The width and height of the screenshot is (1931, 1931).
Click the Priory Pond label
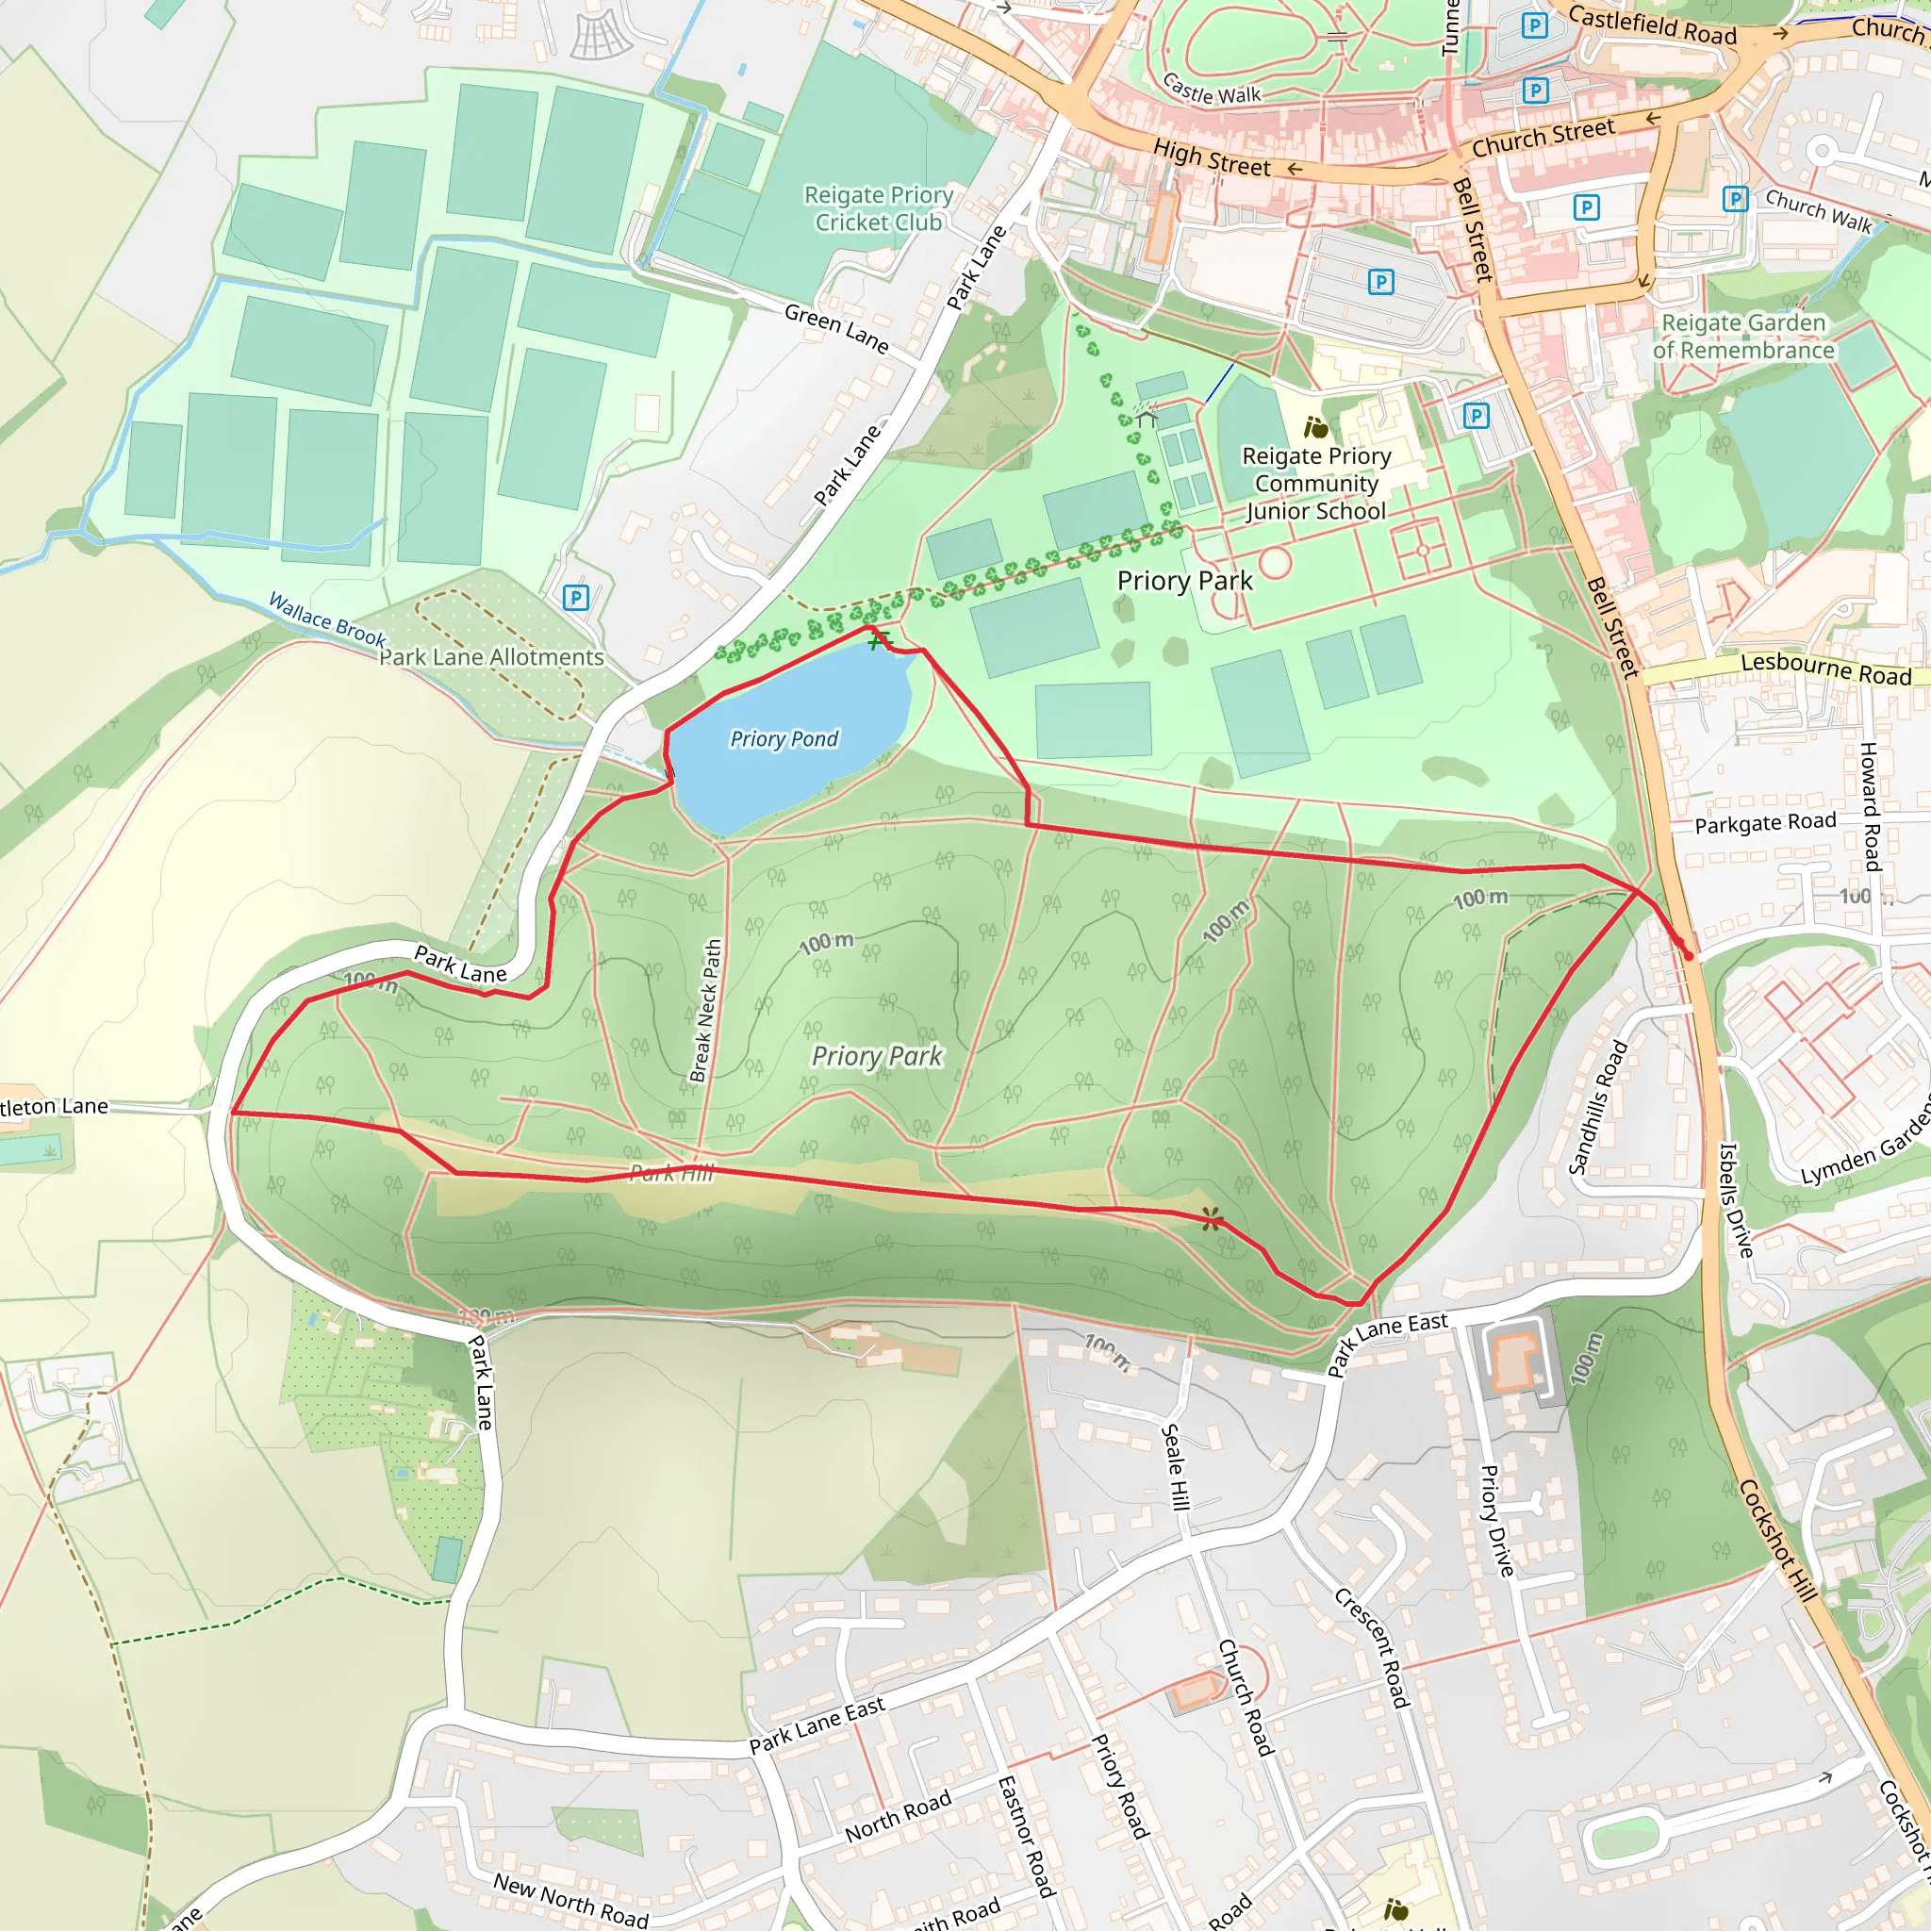784,738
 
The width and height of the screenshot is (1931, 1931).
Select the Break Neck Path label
705,1011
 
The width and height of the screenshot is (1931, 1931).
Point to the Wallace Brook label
327,619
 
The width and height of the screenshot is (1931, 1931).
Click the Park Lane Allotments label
492,656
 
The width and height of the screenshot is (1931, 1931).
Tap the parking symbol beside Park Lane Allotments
576,598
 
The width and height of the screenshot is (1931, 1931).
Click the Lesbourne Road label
1826,668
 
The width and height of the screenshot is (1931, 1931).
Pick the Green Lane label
836,328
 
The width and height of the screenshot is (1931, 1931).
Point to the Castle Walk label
1212,90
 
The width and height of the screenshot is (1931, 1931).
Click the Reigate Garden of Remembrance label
1743,336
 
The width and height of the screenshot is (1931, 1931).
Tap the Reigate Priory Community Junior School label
1316,483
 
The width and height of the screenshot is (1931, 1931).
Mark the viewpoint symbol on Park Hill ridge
1212,1218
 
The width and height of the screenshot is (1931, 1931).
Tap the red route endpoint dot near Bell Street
1688,955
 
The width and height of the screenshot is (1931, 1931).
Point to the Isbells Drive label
1736,1199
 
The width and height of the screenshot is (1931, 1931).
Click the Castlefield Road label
1652,25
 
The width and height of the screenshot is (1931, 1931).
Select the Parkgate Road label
1765,822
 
